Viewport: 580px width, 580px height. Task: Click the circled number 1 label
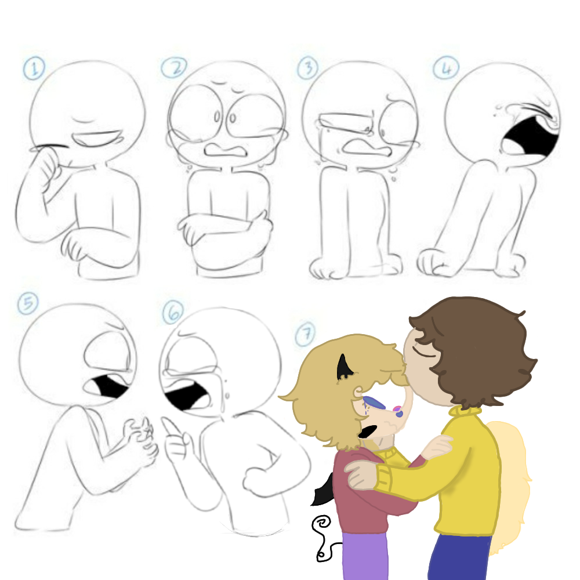pos(34,68)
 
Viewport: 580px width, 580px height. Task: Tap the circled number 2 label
pos(174,68)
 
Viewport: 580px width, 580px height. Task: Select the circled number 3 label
pos(308,68)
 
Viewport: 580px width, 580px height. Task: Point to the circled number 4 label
pos(446,68)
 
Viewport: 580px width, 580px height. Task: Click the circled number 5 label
pos(28,303)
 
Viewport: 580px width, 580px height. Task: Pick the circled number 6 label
pos(173,312)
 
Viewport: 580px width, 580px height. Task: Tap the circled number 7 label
pos(306,335)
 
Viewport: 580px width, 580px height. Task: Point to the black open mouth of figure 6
pos(187,394)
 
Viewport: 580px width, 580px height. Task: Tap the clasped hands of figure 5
pos(140,440)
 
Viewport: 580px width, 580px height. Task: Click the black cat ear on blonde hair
pos(343,367)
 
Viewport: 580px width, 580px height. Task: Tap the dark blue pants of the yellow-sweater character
pos(460,557)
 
